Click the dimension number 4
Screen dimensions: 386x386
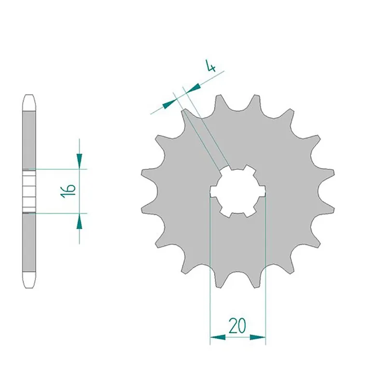click(x=210, y=66)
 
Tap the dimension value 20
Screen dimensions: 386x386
click(x=237, y=327)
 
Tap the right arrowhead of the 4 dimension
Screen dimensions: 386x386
click(x=193, y=88)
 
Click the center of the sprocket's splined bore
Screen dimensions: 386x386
click(x=238, y=191)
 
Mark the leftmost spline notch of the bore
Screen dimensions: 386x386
click(x=213, y=192)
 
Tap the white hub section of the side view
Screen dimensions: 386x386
click(x=29, y=191)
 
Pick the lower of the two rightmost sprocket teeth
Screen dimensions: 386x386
click(x=330, y=208)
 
